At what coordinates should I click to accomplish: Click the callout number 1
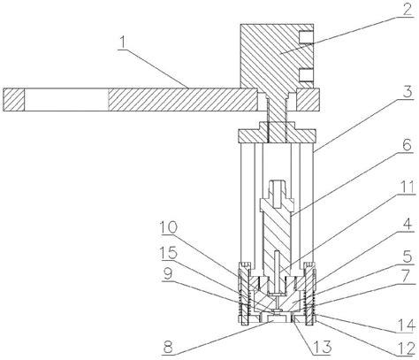(123, 42)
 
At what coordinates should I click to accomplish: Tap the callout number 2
(407, 10)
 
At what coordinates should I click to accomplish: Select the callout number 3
(408, 92)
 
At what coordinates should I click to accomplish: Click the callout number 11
(407, 188)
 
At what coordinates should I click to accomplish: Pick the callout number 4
(408, 226)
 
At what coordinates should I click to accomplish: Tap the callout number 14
(408, 326)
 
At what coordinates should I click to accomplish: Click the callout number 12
(408, 349)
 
